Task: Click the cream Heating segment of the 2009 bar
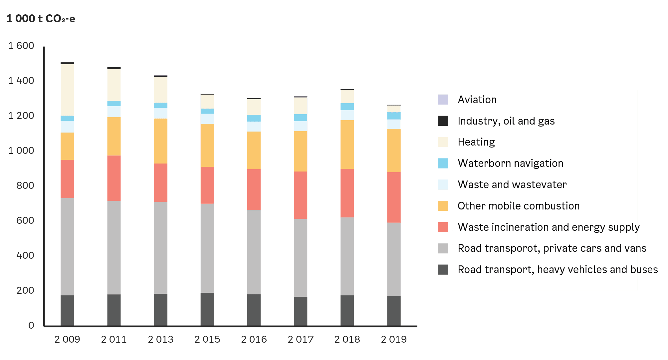(67, 90)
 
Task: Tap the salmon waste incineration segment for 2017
(301, 195)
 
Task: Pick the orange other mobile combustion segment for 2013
(160, 141)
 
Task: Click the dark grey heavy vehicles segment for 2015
(207, 309)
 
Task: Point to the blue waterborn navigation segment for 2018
(347, 107)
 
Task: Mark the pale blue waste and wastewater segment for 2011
(114, 112)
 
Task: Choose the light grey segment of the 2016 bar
(254, 252)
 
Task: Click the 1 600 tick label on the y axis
(21, 46)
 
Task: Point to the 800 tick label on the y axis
(25, 185)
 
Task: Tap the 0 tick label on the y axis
(31, 325)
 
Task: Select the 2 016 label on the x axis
(254, 339)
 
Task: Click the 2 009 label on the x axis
(67, 339)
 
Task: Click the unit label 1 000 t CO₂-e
(41, 19)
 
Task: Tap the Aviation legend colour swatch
(443, 100)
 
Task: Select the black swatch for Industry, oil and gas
(443, 121)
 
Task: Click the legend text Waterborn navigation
(510, 163)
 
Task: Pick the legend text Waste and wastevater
(512, 184)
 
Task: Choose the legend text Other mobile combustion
(518, 206)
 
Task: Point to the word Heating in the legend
(476, 142)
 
